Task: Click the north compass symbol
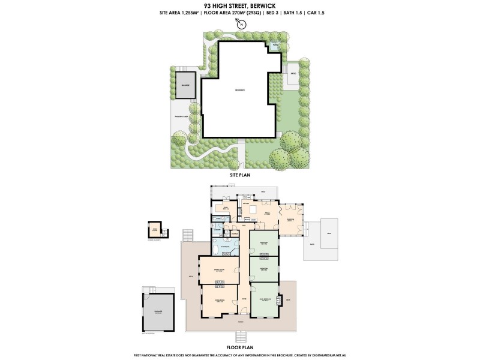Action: point(240,25)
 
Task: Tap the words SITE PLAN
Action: point(239,175)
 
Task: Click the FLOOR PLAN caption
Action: point(239,347)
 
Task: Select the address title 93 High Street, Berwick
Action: point(239,5)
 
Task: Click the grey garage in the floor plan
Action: point(158,311)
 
